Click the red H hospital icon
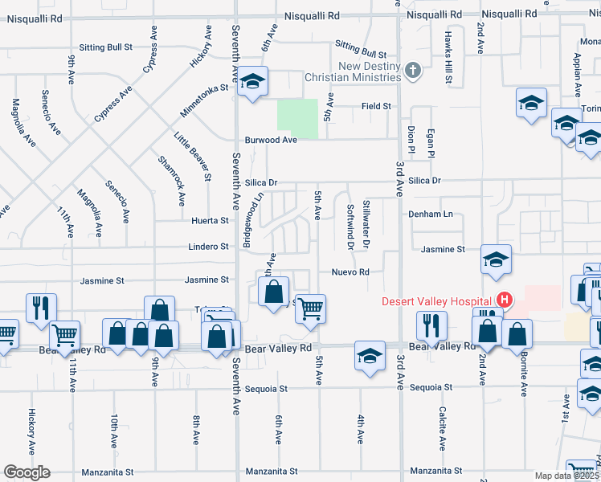504,300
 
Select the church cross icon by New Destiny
413,71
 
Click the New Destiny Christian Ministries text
352,71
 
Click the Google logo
26,472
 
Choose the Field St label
376,106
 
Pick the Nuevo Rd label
350,272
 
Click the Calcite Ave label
443,427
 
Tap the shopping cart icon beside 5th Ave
310,307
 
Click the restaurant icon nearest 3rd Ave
431,325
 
